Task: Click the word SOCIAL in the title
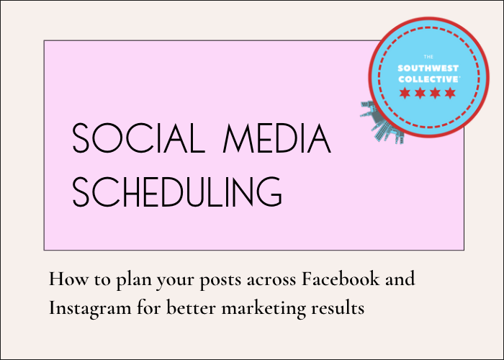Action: coord(139,138)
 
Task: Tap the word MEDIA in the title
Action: coord(277,138)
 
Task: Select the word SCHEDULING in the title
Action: coord(177,192)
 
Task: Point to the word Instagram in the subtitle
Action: coord(90,309)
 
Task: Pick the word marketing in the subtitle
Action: coord(264,309)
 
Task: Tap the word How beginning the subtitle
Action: coord(68,279)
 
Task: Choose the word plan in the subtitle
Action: coord(134,279)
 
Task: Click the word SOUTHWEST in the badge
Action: coord(428,68)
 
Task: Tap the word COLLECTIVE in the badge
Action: coord(429,79)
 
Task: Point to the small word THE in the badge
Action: coord(428,57)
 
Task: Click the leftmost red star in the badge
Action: coord(405,93)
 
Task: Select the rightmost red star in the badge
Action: coord(450,93)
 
